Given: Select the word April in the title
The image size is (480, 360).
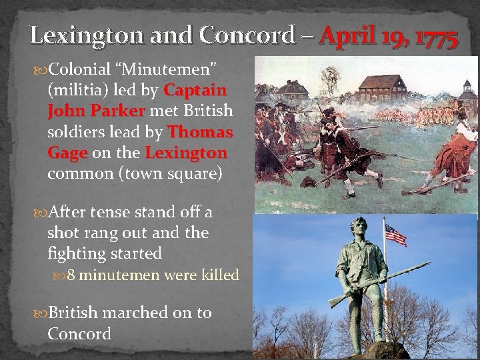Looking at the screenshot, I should pos(347,35).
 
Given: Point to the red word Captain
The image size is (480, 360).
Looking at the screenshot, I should pos(195,89).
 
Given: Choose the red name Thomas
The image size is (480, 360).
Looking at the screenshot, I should pos(200,131).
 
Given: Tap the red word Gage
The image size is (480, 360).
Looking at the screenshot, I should pos(67,153).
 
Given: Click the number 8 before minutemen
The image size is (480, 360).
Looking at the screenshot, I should pos(71,275).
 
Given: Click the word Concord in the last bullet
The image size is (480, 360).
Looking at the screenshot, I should pos(79,333).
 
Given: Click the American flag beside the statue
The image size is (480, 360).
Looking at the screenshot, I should pos(395,235).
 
